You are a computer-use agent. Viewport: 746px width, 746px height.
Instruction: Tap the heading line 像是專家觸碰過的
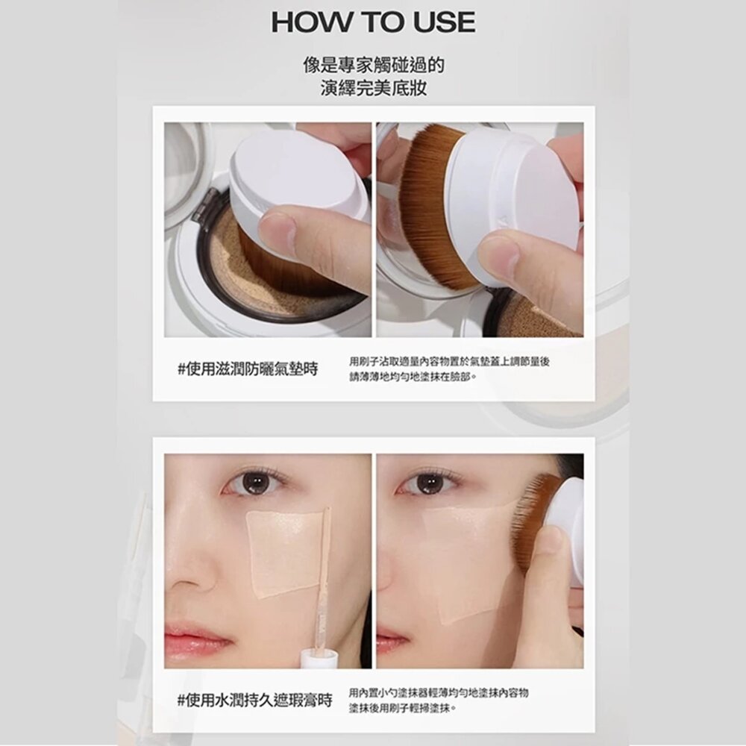tap(374, 65)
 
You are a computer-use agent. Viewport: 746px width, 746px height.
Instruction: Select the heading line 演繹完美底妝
tap(374, 87)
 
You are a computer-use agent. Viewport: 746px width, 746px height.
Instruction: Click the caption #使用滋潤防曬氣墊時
tap(248, 369)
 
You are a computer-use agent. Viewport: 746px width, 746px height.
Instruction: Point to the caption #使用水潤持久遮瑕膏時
tap(254, 700)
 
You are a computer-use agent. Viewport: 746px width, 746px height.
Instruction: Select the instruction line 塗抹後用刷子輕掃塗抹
tap(403, 709)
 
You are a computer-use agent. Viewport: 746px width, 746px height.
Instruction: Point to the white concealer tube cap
tap(319, 659)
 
